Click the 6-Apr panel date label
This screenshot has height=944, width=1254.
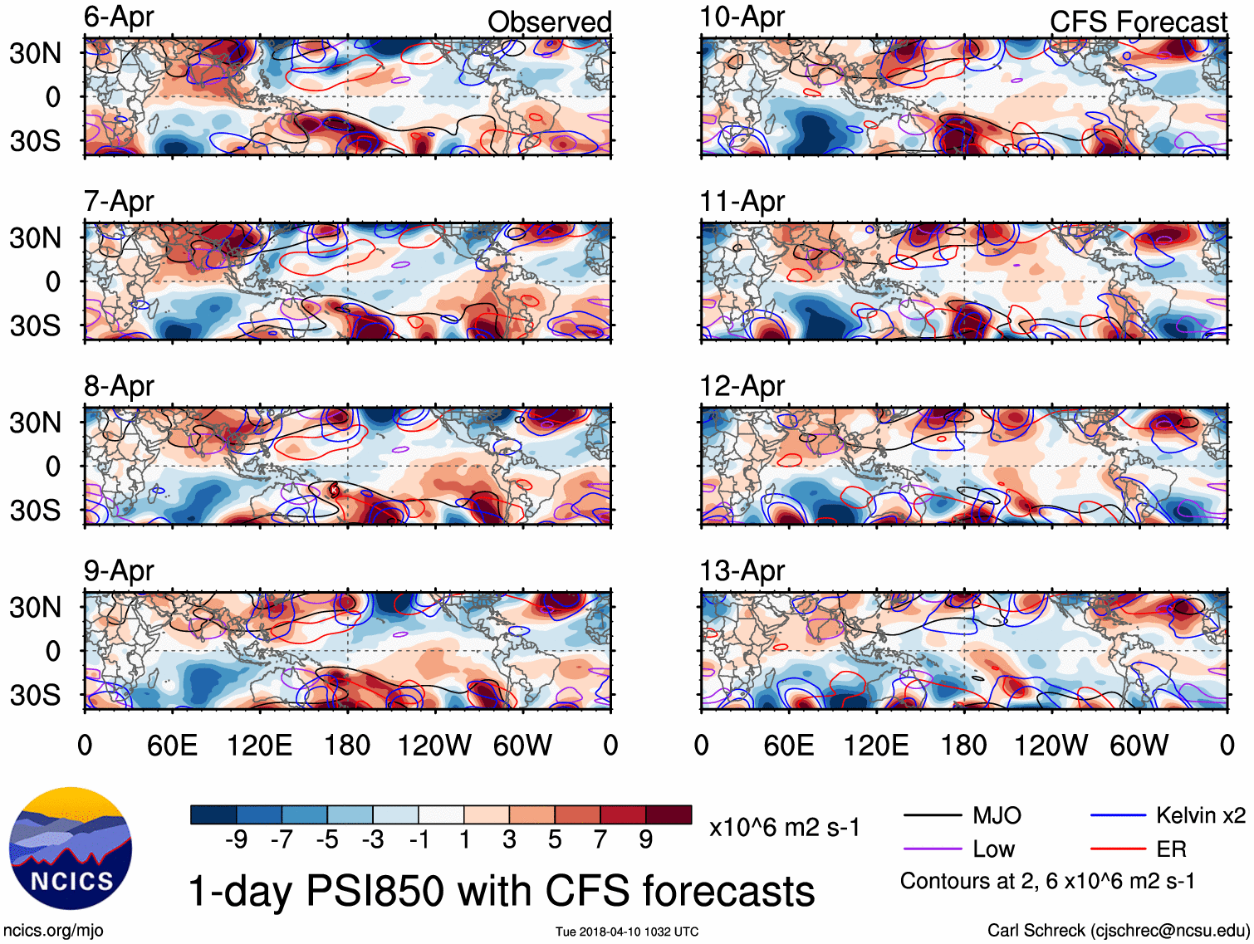(119, 17)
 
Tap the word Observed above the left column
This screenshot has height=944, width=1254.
(549, 22)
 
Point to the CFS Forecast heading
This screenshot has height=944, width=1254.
(1138, 22)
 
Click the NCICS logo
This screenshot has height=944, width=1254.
(70, 848)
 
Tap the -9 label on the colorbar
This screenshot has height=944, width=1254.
(236, 840)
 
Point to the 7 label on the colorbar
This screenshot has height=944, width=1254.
(600, 840)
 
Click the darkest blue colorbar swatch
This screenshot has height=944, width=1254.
(213, 814)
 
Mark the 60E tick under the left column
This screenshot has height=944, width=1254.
(172, 745)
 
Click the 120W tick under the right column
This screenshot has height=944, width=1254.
(1051, 745)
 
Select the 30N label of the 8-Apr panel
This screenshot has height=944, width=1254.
(35, 423)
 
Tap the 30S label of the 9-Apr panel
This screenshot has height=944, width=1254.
(35, 694)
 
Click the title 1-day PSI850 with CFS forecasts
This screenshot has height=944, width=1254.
(502, 891)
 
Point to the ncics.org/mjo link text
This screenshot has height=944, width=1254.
(53, 931)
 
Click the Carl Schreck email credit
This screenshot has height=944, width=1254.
(1118, 931)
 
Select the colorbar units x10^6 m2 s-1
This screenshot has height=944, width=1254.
(784, 828)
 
